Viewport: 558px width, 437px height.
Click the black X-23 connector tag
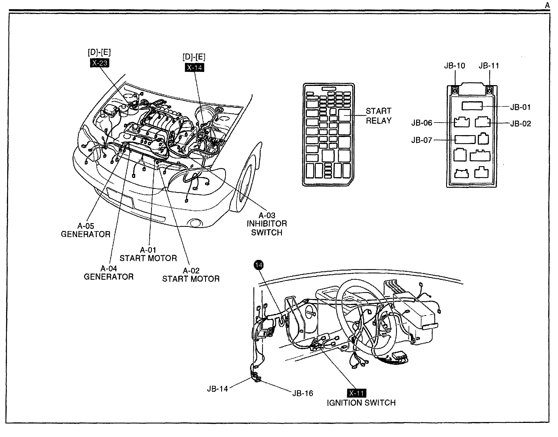pos(100,63)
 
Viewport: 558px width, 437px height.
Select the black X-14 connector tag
pos(194,68)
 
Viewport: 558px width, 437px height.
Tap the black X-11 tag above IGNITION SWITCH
pos(357,393)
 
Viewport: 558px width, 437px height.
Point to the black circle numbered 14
pos(259,265)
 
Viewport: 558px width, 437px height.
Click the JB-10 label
pos(454,66)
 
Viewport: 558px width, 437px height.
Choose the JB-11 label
pos(489,66)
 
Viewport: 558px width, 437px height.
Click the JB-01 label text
pos(521,107)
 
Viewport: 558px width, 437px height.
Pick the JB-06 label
pos(422,123)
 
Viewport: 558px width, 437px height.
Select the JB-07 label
pos(422,140)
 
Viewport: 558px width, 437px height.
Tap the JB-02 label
pos(521,124)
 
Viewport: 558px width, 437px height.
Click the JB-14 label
pos(217,389)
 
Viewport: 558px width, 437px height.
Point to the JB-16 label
pos(303,393)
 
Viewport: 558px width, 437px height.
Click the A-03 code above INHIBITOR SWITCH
pos(267,215)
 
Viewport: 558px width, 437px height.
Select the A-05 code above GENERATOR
pos(86,226)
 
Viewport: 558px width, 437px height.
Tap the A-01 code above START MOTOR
pos(148,250)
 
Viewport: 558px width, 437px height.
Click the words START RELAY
pos(379,116)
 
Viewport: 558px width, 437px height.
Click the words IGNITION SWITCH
pos(361,403)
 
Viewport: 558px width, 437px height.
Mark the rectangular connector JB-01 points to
pos(472,106)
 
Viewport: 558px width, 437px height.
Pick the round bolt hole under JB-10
pos(455,91)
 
